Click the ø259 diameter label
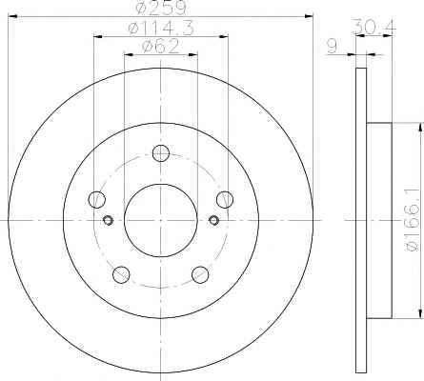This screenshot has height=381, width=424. [x=160, y=8]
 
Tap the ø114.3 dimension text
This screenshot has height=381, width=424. [x=161, y=29]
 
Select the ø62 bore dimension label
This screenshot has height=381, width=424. [x=161, y=47]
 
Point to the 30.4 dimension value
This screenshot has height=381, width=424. [x=374, y=26]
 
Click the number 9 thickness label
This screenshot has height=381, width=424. [x=333, y=47]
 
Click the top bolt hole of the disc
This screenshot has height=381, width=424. [x=161, y=153]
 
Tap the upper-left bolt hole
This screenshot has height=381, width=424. [x=96, y=199]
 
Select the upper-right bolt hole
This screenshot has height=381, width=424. [x=225, y=199]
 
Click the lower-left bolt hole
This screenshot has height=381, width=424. [x=121, y=274]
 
